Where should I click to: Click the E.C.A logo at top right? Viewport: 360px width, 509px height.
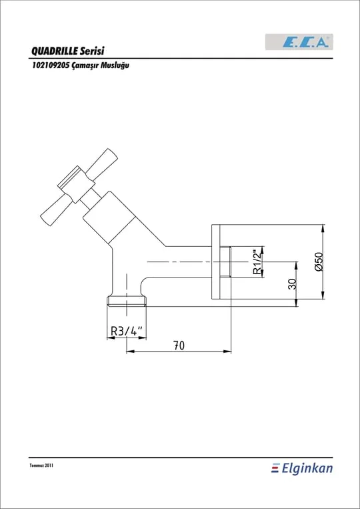299,42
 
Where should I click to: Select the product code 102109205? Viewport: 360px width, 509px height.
50,65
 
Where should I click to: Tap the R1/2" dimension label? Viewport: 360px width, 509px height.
257,262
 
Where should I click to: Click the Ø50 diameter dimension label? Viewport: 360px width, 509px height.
319,262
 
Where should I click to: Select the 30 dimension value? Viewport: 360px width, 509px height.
292,284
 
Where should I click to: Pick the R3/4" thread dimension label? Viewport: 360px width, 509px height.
127,331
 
